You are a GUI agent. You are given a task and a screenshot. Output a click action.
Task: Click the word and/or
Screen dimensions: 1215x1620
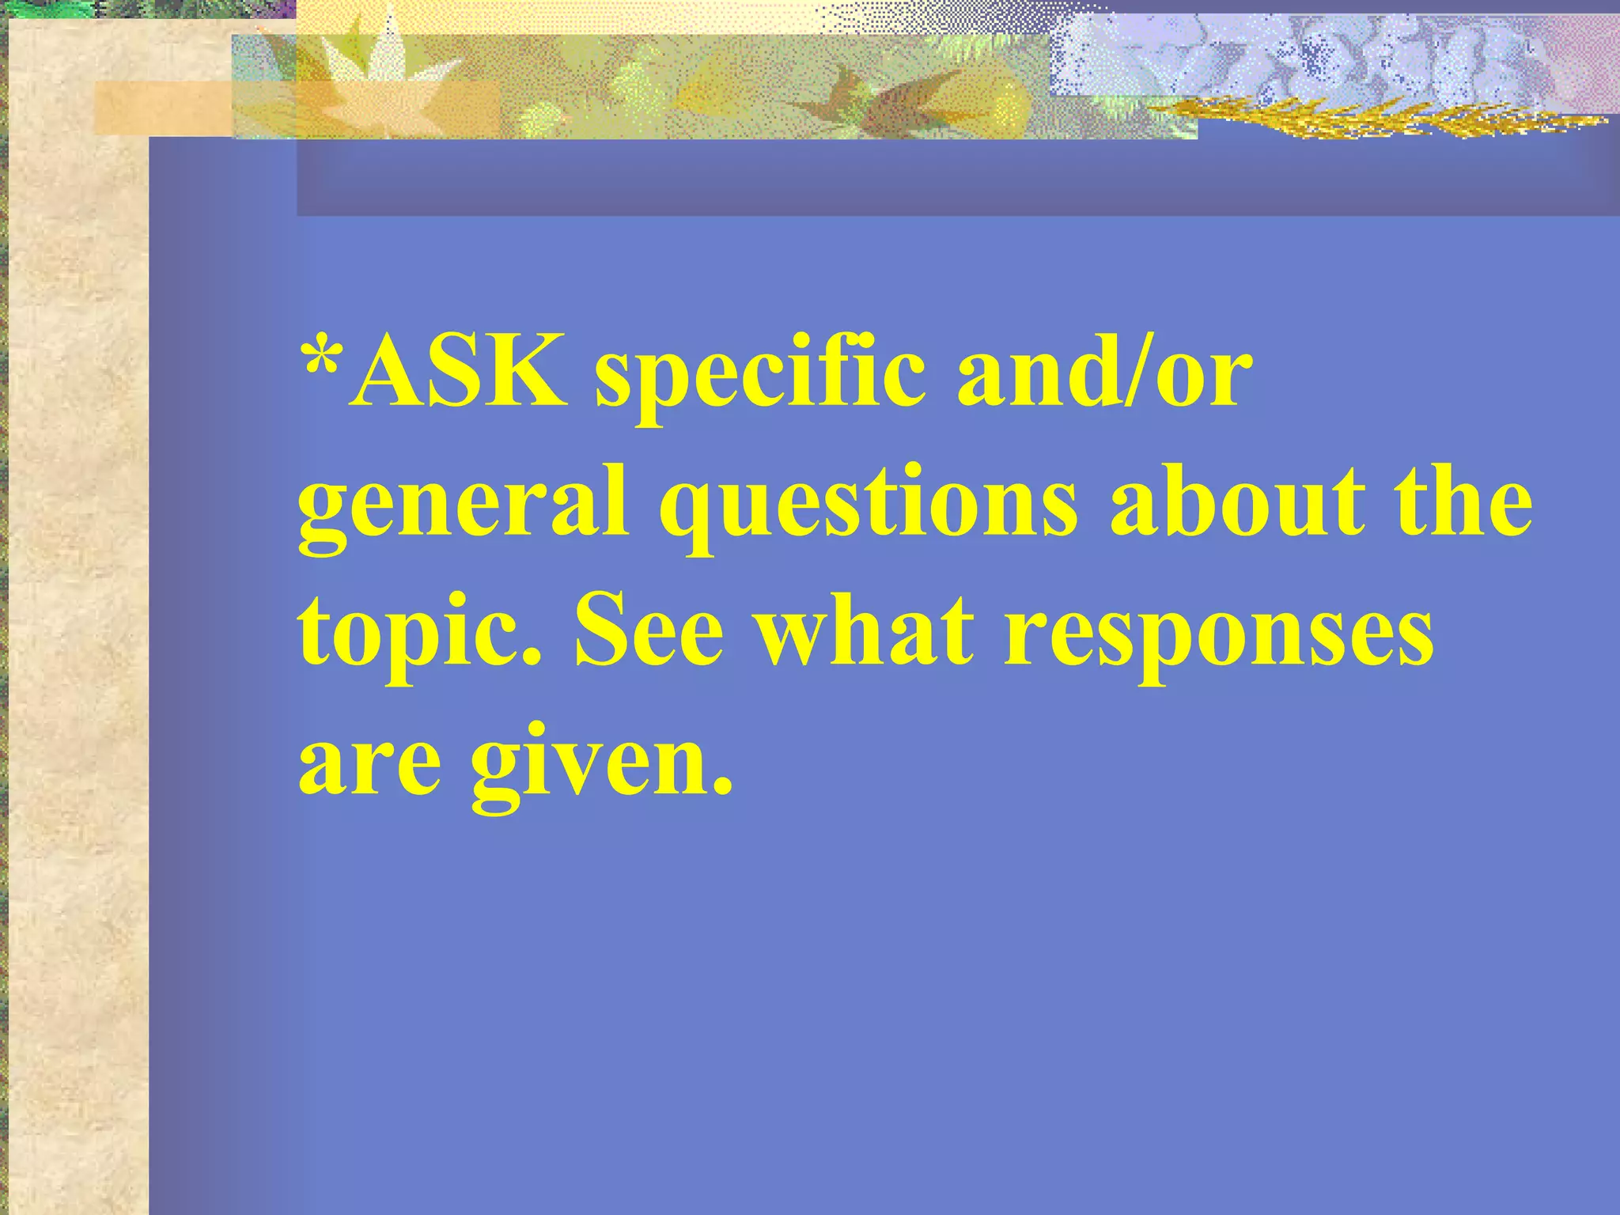(1104, 370)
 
